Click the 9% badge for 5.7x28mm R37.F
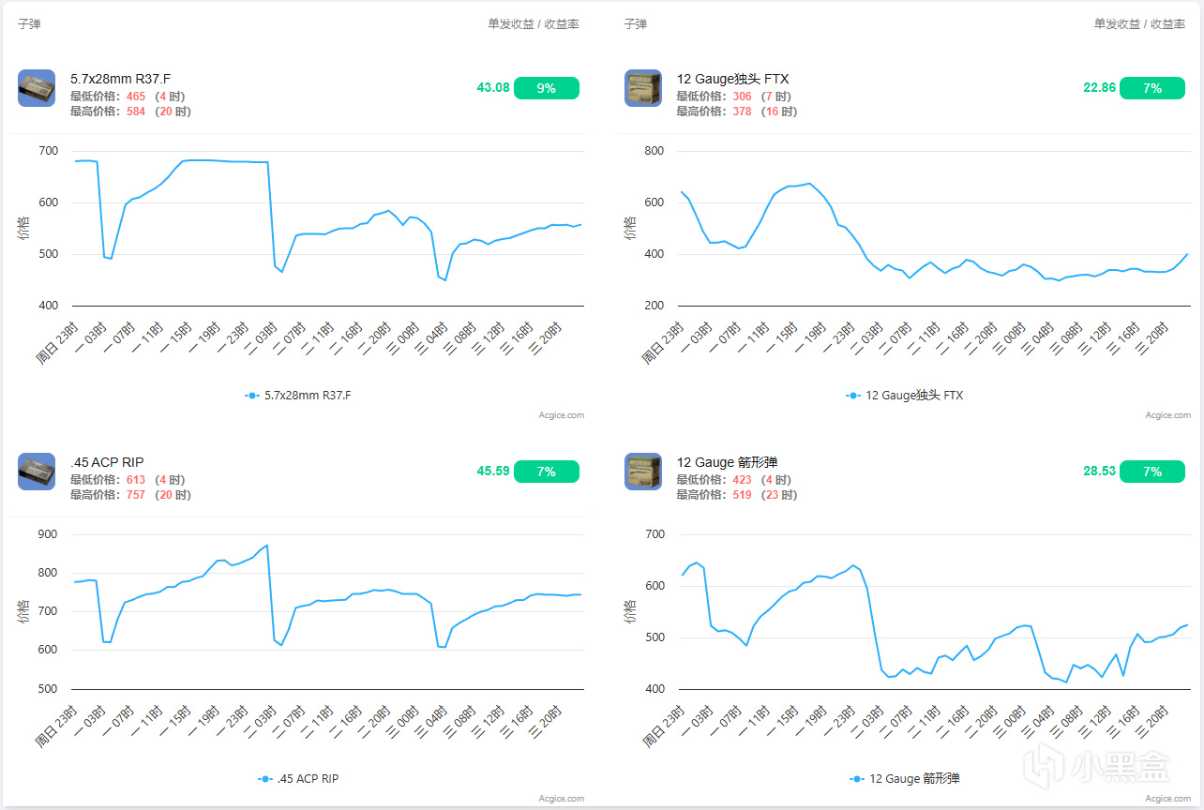[x=546, y=88]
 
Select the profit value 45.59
[x=493, y=472]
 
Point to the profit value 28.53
[x=1099, y=472]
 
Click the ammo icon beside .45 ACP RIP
[x=37, y=472]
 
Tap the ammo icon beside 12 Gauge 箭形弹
[x=642, y=472]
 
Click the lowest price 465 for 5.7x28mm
[x=136, y=97]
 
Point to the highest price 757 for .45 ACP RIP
[x=136, y=495]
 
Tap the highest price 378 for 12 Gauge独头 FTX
[x=742, y=112]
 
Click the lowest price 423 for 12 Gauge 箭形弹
[x=742, y=480]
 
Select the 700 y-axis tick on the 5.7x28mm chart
[x=48, y=151]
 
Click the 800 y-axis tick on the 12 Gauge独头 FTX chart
[x=654, y=151]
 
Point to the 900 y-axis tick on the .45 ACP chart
[x=48, y=534]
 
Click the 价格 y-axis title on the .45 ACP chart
[x=23, y=611]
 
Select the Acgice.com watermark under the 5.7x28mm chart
[x=561, y=415]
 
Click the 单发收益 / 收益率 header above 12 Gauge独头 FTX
[x=1139, y=24]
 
